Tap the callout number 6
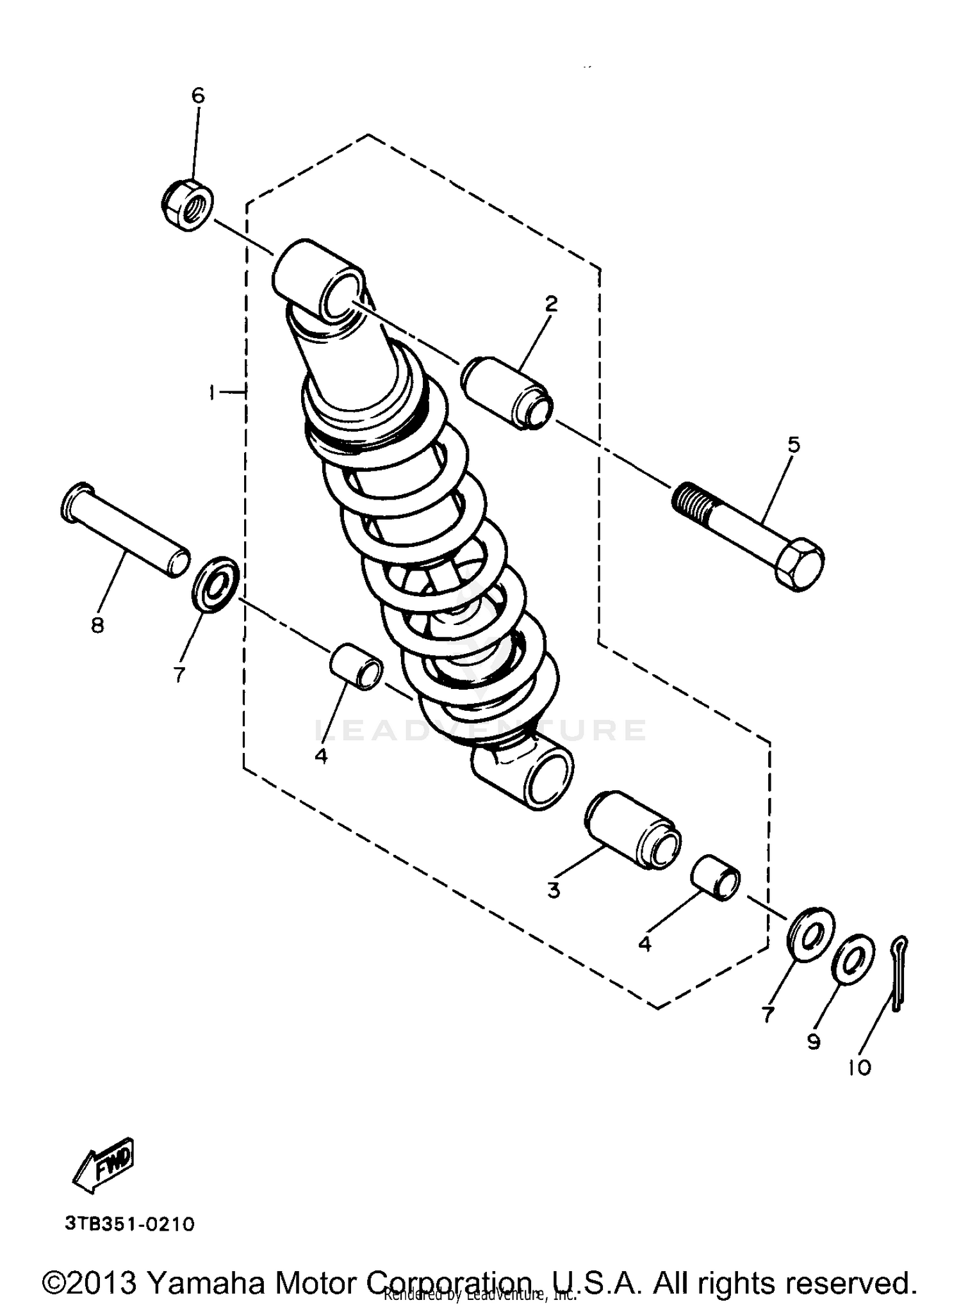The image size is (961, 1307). (x=198, y=96)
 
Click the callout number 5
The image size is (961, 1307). (x=793, y=444)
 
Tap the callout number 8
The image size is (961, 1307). (x=97, y=624)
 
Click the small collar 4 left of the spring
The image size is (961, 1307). (x=356, y=667)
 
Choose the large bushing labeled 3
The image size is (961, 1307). (x=632, y=830)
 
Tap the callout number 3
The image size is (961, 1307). (x=554, y=889)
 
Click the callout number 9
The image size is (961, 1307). (x=813, y=1043)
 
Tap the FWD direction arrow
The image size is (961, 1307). (x=104, y=1165)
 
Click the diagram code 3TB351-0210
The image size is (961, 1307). (x=129, y=1224)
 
